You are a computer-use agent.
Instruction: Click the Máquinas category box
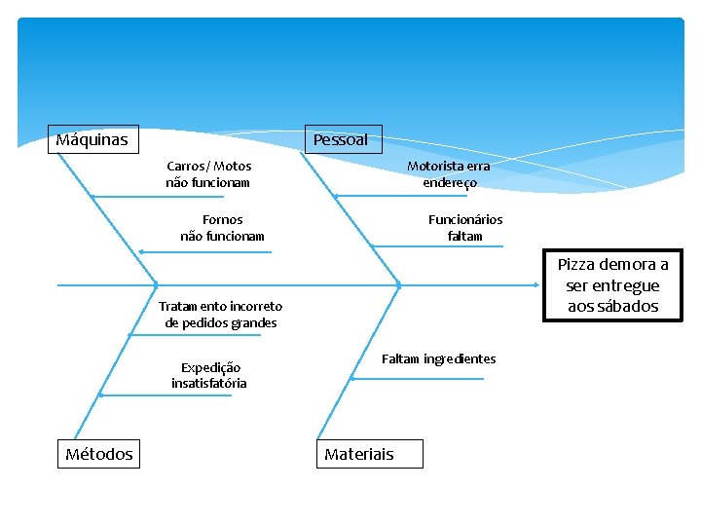(93, 139)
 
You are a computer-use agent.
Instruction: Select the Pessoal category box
(342, 139)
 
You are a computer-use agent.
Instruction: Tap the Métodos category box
(98, 454)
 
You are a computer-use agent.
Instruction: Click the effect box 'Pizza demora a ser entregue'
(612, 285)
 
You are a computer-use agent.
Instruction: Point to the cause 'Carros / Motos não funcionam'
(208, 174)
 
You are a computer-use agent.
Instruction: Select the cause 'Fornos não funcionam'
(222, 228)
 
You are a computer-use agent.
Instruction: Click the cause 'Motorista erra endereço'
(449, 174)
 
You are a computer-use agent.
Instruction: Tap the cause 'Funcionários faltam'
(465, 228)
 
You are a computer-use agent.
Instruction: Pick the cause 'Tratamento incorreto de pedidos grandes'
(221, 315)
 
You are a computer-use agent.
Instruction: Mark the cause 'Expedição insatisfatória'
(209, 375)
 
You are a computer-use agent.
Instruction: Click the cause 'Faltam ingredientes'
(438, 359)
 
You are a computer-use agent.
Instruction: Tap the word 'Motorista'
(435, 167)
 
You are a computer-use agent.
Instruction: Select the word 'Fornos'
(222, 220)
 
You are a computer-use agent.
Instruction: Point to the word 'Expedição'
(210, 367)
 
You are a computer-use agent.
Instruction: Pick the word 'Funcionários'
(465, 220)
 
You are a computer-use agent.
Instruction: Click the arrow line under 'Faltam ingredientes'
(419, 378)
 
